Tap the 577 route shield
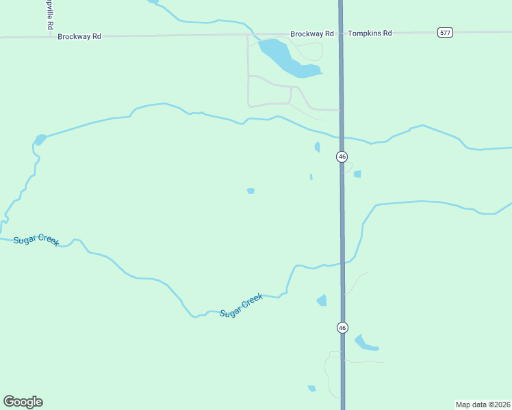[x=446, y=33]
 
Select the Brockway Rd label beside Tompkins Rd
[x=311, y=33]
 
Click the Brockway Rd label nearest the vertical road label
[x=79, y=36]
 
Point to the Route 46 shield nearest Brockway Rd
[x=342, y=156]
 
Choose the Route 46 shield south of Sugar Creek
[x=342, y=327]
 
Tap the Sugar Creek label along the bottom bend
[x=241, y=305]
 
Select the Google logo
[x=23, y=402]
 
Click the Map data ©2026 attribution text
[x=483, y=404]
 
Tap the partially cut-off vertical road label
[x=50, y=14]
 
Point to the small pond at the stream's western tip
[x=40, y=139]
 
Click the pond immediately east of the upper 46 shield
[x=357, y=174]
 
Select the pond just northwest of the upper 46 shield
[x=317, y=147]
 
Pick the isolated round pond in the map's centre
[x=251, y=191]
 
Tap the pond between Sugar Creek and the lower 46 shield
[x=322, y=300]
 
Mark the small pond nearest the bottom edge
[x=312, y=389]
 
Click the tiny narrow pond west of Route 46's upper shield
[x=311, y=177]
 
